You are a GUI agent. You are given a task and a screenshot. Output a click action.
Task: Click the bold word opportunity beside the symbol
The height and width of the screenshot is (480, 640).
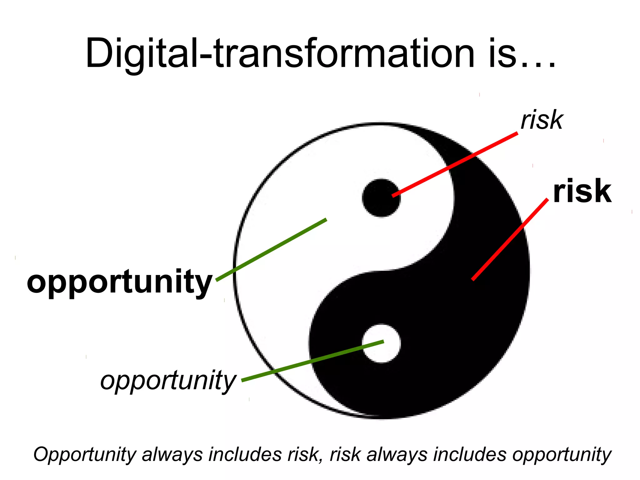tap(120, 282)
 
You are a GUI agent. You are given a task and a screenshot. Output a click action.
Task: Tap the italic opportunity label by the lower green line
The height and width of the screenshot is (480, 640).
tap(168, 381)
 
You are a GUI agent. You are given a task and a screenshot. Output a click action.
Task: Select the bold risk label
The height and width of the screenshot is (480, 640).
tap(582, 191)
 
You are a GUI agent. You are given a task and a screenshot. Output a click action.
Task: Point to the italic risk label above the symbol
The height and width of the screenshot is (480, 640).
tap(542, 120)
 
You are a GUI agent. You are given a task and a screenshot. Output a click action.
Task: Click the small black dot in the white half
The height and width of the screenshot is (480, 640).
tap(381, 198)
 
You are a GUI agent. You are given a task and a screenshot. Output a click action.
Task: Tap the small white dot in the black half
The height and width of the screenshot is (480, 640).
tap(381, 343)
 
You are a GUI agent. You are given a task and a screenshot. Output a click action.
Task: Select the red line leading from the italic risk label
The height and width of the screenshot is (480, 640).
tap(455, 165)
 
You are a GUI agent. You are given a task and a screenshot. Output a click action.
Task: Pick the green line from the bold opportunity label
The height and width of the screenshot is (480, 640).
tap(271, 250)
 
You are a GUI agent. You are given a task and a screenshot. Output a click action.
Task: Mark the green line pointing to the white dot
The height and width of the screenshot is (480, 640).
tap(312, 361)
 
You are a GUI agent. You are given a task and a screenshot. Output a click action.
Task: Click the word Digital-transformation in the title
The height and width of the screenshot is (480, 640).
tap(280, 53)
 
